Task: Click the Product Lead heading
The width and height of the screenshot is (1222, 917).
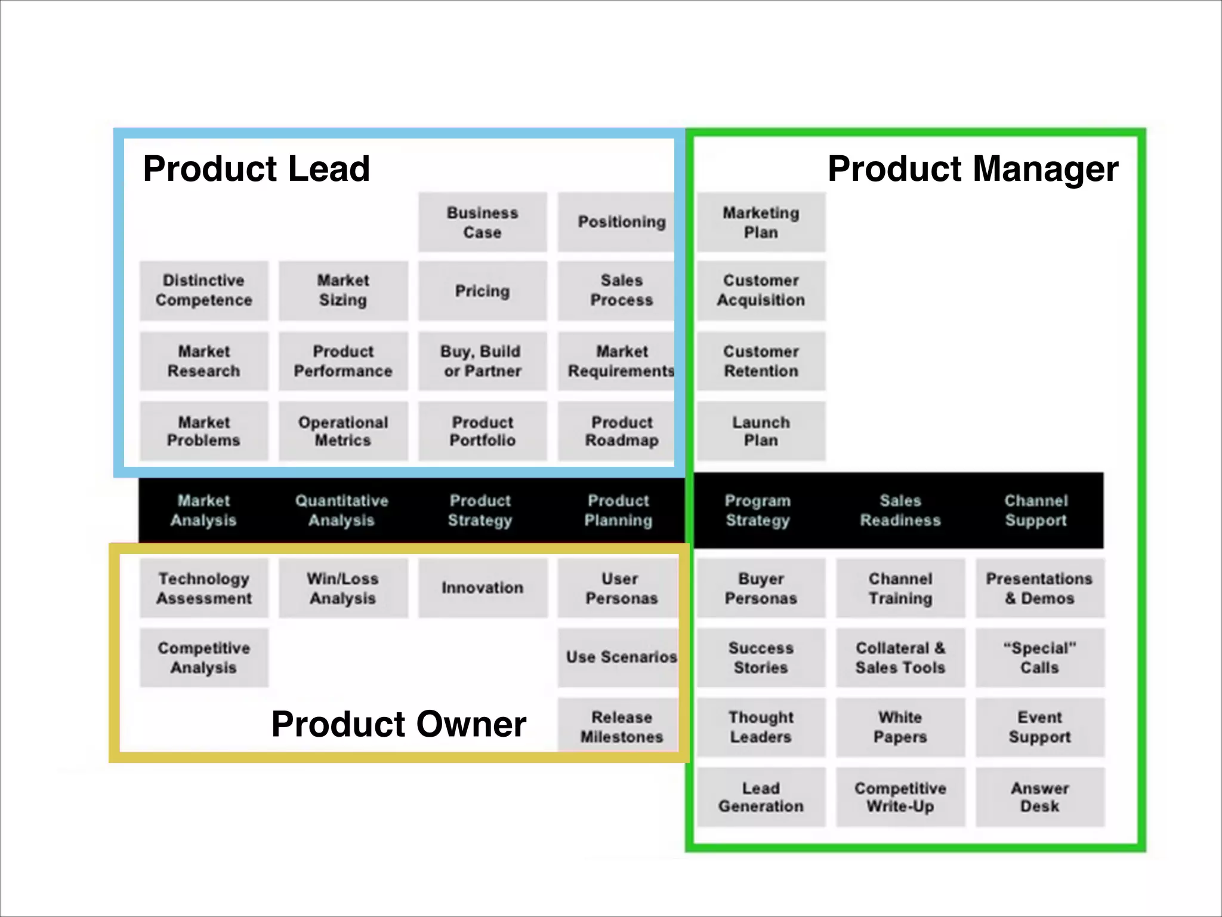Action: [256, 169]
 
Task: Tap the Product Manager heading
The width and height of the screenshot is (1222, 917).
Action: [973, 169]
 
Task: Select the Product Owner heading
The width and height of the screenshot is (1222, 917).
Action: [399, 724]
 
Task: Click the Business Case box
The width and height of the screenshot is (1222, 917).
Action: [482, 222]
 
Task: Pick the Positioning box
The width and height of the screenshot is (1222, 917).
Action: [621, 222]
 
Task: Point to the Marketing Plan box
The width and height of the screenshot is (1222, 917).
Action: [761, 222]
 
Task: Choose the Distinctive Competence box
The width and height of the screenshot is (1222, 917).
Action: [203, 290]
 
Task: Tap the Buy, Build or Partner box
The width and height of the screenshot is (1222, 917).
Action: [482, 361]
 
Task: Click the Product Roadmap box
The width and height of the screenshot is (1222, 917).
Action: [621, 431]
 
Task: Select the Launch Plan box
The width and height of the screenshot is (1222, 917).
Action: [761, 431]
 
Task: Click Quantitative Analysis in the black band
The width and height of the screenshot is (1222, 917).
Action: [341, 510]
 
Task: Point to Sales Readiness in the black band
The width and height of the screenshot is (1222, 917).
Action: [900, 510]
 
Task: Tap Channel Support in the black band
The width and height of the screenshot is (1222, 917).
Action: [1036, 510]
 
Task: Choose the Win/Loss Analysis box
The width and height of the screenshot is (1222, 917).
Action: [342, 588]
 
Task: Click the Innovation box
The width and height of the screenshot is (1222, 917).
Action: [482, 588]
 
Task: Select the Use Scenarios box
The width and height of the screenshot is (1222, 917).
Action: [621, 657]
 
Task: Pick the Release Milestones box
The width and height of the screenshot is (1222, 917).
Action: [621, 727]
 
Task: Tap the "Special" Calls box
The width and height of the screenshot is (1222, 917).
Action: [1039, 657]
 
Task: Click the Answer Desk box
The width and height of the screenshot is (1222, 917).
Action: [1039, 797]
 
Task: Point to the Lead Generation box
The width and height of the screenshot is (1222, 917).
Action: [761, 797]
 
